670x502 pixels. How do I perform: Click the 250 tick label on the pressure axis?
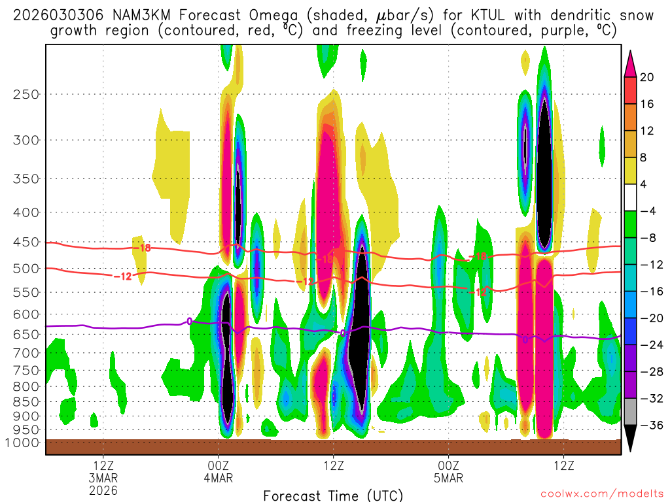[x=26, y=94]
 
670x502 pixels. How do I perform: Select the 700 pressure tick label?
[x=26, y=353]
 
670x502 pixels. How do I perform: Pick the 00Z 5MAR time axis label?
[x=448, y=471]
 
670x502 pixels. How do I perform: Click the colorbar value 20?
[x=647, y=77]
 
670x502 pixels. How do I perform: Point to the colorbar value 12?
[x=647, y=131]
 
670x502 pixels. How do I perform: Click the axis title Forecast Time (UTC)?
[x=333, y=495]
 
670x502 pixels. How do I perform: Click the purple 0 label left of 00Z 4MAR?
[x=190, y=321]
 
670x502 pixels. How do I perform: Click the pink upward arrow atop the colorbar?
[x=631, y=62]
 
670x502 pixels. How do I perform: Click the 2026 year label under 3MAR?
[x=104, y=490]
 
